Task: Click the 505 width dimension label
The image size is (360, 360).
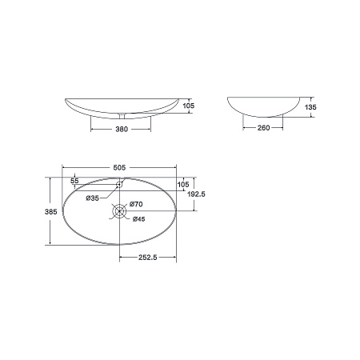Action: coord(119,167)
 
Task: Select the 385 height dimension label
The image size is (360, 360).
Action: coord(50,212)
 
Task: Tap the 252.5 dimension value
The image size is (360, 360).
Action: coord(148,258)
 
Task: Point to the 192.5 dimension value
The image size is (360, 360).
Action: coord(196,194)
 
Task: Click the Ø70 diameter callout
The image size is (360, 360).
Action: coord(136,204)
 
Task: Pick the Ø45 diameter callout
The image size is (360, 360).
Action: coord(139,219)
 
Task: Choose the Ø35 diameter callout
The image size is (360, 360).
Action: coord(92,198)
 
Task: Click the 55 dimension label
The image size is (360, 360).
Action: coord(74,181)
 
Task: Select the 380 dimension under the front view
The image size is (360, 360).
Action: coord(122,129)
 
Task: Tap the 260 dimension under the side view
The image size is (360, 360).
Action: coord(263,128)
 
